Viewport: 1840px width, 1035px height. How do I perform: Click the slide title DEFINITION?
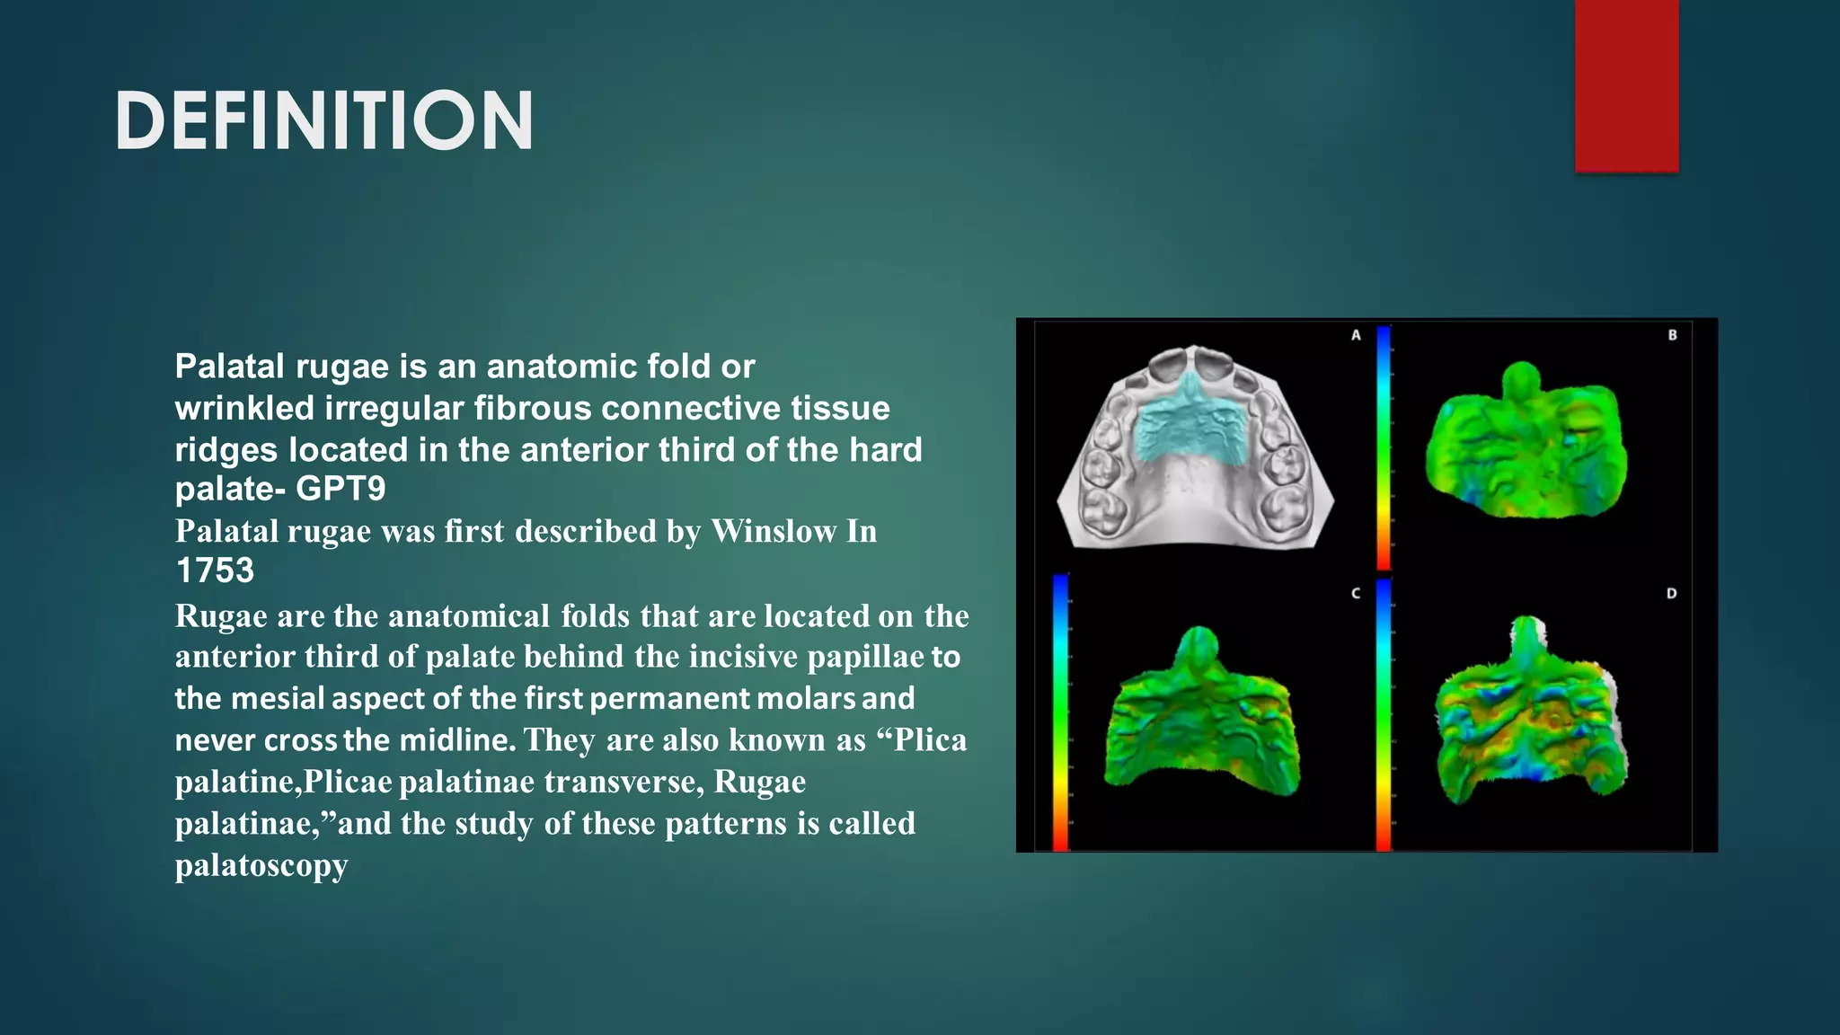pyautogui.click(x=324, y=120)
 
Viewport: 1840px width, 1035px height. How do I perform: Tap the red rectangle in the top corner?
pyautogui.click(x=1626, y=85)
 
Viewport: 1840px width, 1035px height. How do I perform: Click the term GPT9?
pyautogui.click(x=341, y=489)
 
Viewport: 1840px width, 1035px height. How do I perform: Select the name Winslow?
pyautogui.click(x=774, y=531)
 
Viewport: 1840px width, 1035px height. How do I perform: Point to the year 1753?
pyautogui.click(x=215, y=571)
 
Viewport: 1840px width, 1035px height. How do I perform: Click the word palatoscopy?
pyautogui.click(x=261, y=865)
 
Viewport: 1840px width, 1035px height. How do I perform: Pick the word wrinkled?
pyautogui.click(x=244, y=409)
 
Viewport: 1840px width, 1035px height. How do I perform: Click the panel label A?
pyautogui.click(x=1356, y=335)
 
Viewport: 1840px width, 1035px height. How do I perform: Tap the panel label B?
pyautogui.click(x=1672, y=335)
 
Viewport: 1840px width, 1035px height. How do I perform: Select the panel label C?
pyautogui.click(x=1356, y=594)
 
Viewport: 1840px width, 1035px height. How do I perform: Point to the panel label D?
pyautogui.click(x=1671, y=594)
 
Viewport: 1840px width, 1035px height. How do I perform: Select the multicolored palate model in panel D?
pyautogui.click(x=1527, y=719)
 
